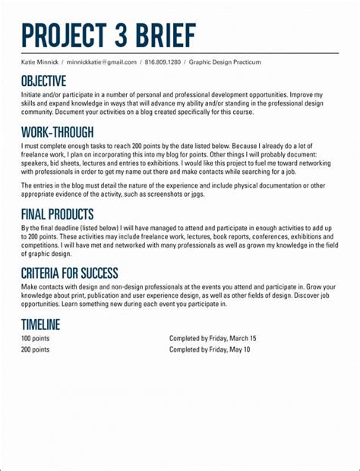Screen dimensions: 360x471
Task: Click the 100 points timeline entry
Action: [35, 338]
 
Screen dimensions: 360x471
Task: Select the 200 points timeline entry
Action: [35, 349]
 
